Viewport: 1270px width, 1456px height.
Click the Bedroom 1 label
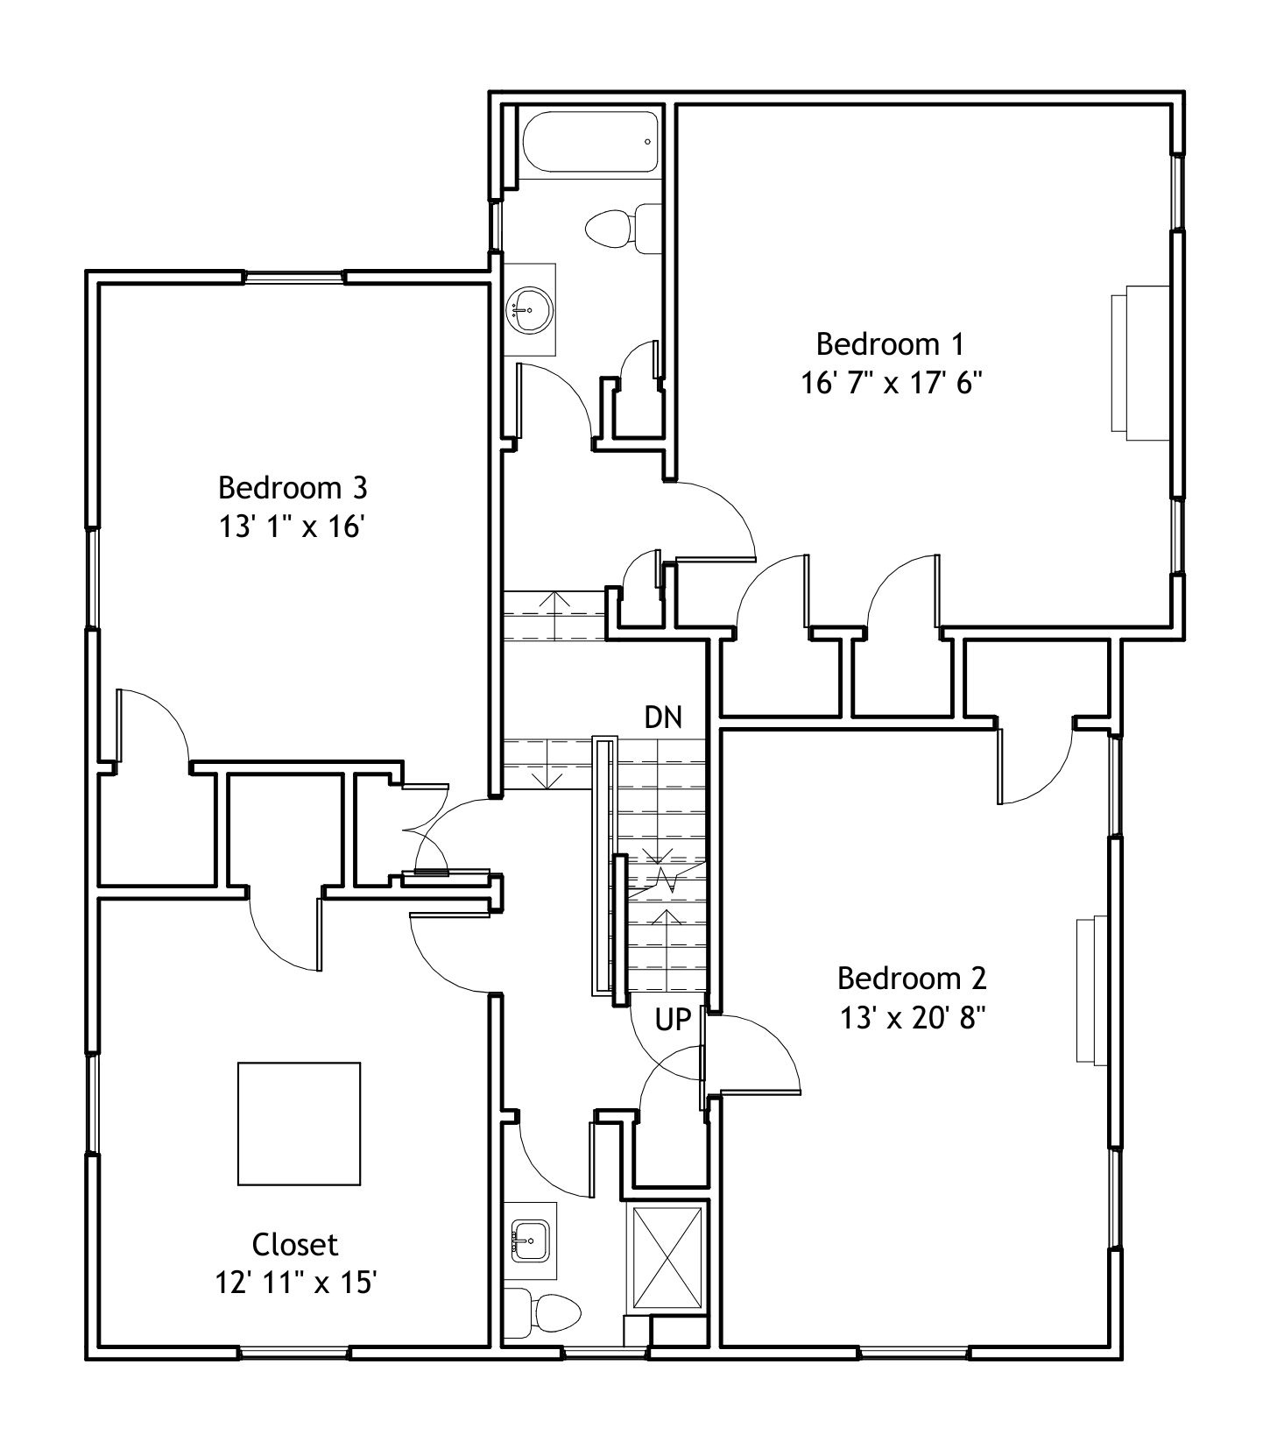[890, 343]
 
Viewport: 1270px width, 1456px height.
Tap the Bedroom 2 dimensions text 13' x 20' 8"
[913, 1018]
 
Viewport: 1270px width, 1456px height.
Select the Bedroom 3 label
[293, 486]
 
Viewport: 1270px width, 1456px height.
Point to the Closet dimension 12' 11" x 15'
[296, 1283]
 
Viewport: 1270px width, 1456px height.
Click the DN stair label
[663, 717]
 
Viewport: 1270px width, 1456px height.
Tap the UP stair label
[674, 1019]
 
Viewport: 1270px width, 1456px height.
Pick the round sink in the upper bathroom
[530, 309]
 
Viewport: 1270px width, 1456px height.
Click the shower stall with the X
[669, 1258]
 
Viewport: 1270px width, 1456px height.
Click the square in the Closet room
[299, 1123]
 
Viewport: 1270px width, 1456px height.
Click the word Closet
[295, 1244]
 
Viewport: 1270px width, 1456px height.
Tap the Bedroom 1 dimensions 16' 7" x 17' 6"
[891, 384]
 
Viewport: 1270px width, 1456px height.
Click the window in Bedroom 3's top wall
[294, 278]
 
